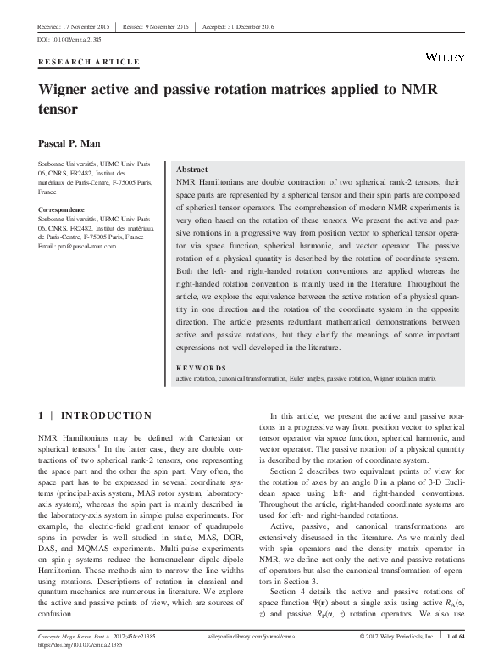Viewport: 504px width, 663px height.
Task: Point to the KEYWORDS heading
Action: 201,368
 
